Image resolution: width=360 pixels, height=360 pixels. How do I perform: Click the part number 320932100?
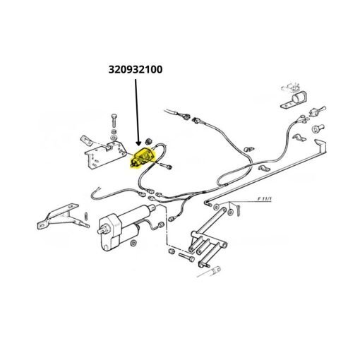point(136,69)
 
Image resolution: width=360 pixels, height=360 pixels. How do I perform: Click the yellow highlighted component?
point(143,157)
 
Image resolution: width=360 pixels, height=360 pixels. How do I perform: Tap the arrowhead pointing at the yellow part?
point(138,143)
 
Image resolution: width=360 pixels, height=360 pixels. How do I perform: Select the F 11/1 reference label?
point(265,199)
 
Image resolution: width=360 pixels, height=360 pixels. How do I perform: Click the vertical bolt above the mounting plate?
point(114,121)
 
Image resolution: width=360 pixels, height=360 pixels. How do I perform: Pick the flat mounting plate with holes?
point(105,154)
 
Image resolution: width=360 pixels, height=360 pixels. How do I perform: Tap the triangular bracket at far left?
point(59,217)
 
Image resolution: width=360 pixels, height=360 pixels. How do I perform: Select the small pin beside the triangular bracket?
point(86,216)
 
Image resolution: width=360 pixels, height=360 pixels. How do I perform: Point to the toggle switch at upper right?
point(318,111)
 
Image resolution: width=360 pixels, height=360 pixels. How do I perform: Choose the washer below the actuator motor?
point(133,243)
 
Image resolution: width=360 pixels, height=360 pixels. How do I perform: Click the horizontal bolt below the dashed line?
point(186,257)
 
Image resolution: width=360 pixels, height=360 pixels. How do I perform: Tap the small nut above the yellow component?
point(149,141)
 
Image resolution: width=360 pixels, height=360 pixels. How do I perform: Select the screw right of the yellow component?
point(166,165)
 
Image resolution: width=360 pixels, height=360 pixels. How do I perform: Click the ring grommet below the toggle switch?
point(318,128)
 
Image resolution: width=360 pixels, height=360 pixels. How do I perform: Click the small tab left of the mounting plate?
point(86,140)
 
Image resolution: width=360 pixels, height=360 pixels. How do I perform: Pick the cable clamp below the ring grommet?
point(299,138)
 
